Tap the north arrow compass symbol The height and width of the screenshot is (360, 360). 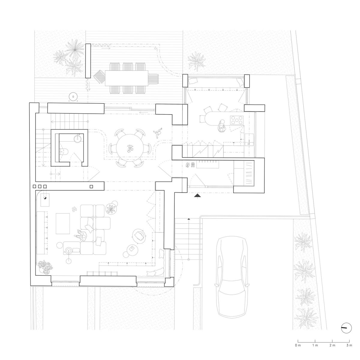(346, 328)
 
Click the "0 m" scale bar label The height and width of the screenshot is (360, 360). (298, 345)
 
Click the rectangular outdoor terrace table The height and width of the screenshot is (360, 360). (127, 78)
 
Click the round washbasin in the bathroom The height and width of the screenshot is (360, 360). (78, 138)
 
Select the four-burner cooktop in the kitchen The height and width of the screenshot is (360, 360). (237, 120)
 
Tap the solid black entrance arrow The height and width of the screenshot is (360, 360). (197, 196)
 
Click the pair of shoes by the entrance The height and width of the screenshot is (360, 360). (190, 165)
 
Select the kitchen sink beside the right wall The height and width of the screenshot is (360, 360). (249, 139)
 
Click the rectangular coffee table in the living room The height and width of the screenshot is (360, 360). (63, 223)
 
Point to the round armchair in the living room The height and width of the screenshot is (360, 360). (139, 236)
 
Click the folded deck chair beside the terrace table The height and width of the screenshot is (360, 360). (99, 77)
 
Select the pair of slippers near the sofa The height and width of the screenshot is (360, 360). (74, 209)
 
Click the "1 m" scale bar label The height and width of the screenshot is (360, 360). (315, 345)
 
